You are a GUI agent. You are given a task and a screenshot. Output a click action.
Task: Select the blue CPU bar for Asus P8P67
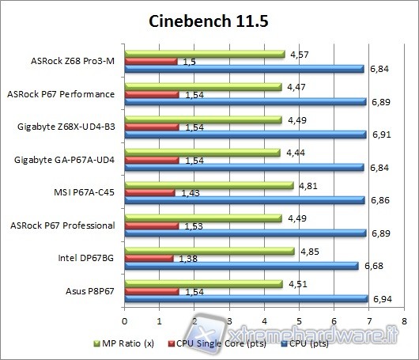(246, 299)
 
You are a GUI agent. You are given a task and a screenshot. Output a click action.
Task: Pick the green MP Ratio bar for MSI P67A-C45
(209, 185)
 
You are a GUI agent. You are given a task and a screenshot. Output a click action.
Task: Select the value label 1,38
(187, 259)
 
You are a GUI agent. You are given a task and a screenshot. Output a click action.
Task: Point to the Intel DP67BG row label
(85, 258)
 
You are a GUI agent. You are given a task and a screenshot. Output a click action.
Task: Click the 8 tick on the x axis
(404, 321)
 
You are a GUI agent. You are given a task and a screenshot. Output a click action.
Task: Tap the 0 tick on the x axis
(124, 321)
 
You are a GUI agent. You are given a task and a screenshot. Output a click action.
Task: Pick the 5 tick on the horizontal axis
(299, 321)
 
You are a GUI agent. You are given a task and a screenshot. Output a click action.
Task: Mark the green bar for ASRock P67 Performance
(202, 86)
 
